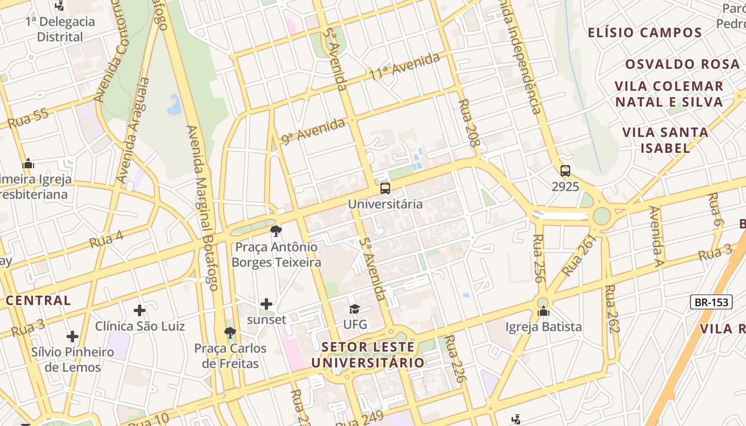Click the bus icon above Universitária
click(x=385, y=188)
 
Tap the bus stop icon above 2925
click(x=565, y=171)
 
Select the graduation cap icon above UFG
click(x=354, y=309)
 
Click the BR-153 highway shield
click(x=710, y=302)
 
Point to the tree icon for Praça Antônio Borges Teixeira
click(x=276, y=231)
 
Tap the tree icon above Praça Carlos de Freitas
click(x=230, y=333)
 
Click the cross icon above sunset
click(x=266, y=304)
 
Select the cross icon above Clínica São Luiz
click(x=140, y=310)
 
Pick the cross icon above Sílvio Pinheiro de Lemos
click(x=72, y=337)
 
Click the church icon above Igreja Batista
click(x=544, y=311)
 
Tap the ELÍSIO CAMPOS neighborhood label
click(x=645, y=32)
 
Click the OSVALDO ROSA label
click(x=683, y=64)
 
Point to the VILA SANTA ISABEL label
click(x=665, y=140)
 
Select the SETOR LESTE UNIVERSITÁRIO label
click(x=368, y=355)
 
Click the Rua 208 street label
click(x=469, y=122)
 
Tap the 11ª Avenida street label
click(x=405, y=67)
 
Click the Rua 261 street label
click(x=578, y=255)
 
